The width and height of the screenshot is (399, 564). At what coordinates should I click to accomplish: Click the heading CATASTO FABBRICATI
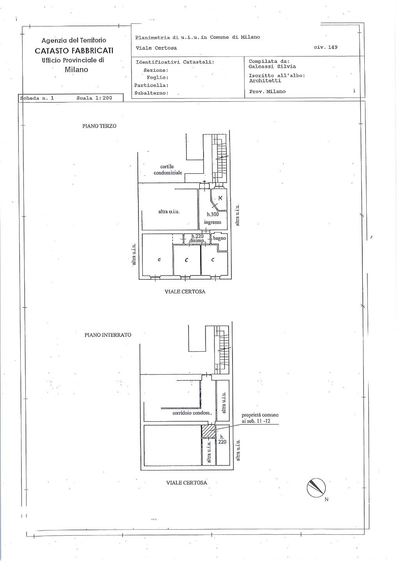click(74, 51)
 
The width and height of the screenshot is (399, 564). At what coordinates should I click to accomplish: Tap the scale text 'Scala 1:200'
click(94, 98)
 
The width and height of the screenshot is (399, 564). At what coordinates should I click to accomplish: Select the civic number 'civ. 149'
click(326, 47)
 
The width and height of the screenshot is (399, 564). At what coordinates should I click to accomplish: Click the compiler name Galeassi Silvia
click(272, 67)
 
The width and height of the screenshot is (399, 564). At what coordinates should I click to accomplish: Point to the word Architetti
click(265, 81)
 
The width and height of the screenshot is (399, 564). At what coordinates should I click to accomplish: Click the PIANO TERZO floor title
click(99, 126)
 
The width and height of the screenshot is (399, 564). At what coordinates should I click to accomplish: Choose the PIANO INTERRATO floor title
click(108, 335)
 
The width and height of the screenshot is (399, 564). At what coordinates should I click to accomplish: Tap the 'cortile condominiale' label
click(167, 170)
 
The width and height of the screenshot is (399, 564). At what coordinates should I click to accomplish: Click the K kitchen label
click(220, 198)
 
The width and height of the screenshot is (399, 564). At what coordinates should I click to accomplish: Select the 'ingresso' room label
click(213, 222)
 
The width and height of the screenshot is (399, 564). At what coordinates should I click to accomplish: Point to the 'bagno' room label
click(220, 238)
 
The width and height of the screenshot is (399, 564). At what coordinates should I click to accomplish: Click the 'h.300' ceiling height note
click(213, 214)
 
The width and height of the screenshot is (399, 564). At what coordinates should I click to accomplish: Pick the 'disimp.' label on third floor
click(197, 241)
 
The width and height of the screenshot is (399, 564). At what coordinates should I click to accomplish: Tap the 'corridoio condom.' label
click(192, 413)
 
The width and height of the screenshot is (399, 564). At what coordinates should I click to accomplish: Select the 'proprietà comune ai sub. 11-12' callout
click(260, 418)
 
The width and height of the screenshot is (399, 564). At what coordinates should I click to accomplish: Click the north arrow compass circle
click(316, 488)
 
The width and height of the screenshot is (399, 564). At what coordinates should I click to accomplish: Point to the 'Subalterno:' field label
click(151, 93)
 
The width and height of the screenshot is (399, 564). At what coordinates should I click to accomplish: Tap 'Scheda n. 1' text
click(37, 98)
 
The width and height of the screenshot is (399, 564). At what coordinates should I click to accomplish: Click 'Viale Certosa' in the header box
click(156, 48)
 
